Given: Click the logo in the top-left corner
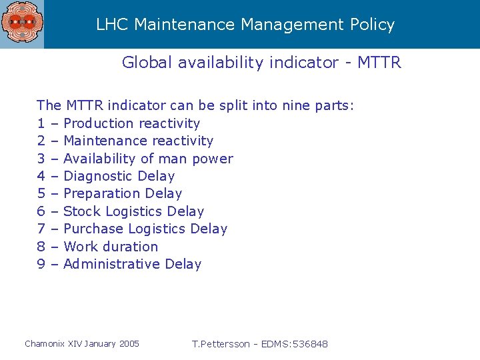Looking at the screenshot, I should tap(21, 24).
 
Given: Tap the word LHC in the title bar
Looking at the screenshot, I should tap(113, 25).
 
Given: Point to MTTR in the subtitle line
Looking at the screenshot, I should tap(379, 63).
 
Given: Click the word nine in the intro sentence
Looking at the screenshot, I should tap(296, 105).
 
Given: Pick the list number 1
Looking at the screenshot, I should tap(41, 123).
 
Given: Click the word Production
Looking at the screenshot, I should tap(98, 123).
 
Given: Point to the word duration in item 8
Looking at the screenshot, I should tap(131, 247).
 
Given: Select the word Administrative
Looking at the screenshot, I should tap(111, 264).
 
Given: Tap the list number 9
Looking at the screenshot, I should tap(41, 264).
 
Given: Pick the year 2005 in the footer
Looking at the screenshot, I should tap(129, 344).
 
